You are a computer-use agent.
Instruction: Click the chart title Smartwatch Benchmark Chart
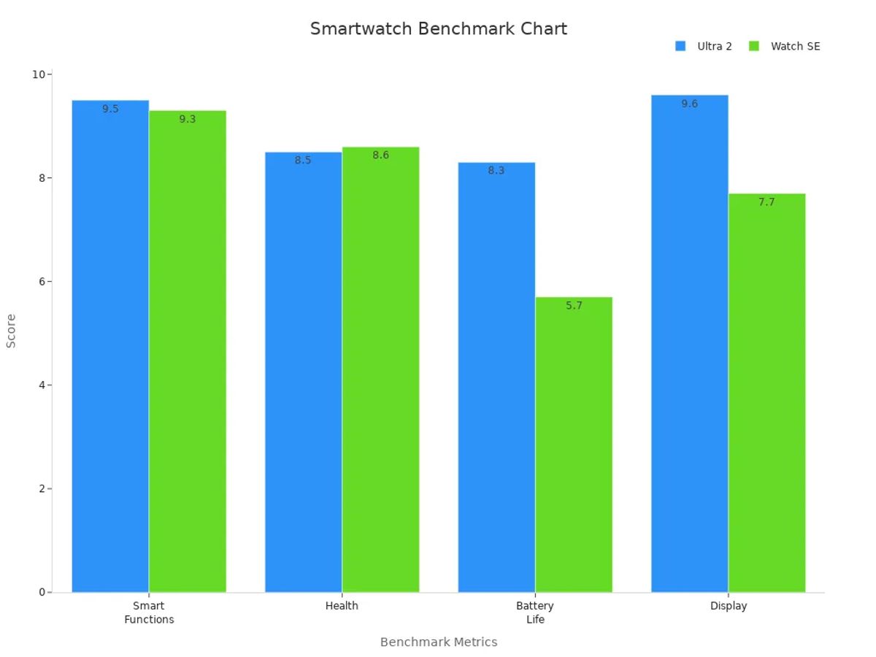(438, 29)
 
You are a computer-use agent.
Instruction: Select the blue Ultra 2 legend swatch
(680, 46)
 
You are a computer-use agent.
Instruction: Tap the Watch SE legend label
(795, 46)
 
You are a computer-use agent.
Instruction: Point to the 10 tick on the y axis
(39, 74)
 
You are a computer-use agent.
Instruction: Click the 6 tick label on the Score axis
(42, 282)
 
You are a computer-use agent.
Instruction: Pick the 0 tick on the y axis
(42, 592)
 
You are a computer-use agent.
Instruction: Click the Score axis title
(11, 331)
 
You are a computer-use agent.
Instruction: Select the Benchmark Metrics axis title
(438, 642)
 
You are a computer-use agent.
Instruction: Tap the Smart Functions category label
(149, 612)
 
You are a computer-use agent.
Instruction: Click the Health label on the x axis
(342, 606)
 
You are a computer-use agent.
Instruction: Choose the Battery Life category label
(535, 612)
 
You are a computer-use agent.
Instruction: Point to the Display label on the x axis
(728, 606)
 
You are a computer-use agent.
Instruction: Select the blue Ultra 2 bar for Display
(689, 350)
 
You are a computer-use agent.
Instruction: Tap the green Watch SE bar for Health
(380, 372)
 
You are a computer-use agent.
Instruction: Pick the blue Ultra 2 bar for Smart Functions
(110, 350)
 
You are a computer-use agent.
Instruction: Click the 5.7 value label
(574, 306)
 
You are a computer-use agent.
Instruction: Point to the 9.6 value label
(689, 104)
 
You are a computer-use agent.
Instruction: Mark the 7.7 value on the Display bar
(766, 202)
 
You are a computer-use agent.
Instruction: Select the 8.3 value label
(496, 171)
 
